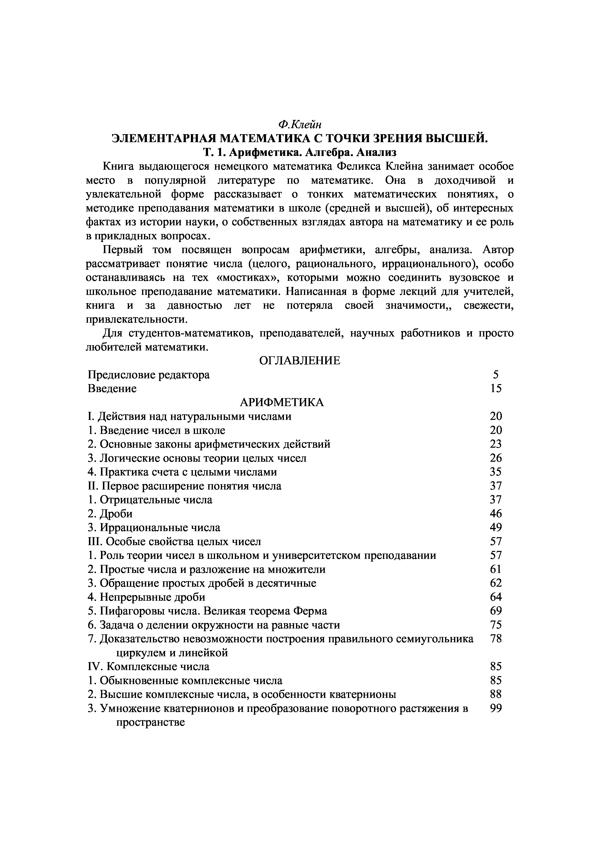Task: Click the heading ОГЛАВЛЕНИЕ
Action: pyautogui.click(x=300, y=360)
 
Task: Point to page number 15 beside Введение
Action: pyautogui.click(x=496, y=388)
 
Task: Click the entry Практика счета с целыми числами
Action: pyautogui.click(x=182, y=472)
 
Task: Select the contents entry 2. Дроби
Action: pyautogui.click(x=110, y=514)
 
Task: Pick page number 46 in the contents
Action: pyautogui.click(x=496, y=514)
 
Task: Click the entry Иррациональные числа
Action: pyautogui.click(x=154, y=528)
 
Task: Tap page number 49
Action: pyautogui.click(x=496, y=528)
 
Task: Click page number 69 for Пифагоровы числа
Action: pyautogui.click(x=496, y=611)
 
